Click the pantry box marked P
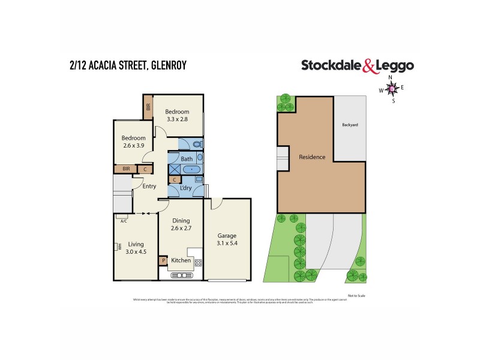[163, 260]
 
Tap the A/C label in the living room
[123, 221]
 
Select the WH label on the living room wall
[120, 246]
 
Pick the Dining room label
[181, 221]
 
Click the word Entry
[149, 186]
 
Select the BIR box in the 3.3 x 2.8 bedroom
[148, 108]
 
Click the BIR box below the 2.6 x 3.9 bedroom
[126, 169]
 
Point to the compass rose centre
[392, 89]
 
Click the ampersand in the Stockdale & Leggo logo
[370, 67]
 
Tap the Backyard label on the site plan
[350, 125]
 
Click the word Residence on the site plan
[312, 157]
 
